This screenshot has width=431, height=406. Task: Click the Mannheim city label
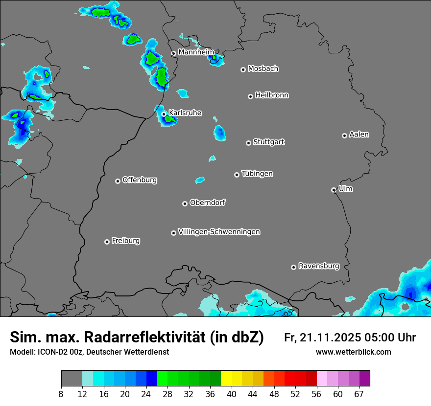[196, 52]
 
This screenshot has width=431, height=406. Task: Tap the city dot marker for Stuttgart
[249, 143]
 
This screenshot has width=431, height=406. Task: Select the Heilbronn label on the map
[272, 95]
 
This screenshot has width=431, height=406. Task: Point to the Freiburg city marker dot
[107, 242]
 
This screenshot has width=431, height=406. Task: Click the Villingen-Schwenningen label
[219, 232]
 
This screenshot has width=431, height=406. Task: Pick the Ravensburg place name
[319, 266]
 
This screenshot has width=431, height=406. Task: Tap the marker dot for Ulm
[334, 190]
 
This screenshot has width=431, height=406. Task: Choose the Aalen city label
[359, 135]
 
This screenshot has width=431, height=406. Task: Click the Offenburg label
[140, 180]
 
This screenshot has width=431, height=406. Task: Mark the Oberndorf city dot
[185, 203]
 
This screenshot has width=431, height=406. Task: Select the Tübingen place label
[257, 174]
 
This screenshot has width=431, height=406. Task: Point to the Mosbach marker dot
[243, 69]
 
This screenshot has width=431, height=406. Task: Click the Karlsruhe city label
[185, 113]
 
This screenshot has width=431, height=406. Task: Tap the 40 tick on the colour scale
[232, 394]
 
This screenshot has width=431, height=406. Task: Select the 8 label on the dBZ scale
[61, 394]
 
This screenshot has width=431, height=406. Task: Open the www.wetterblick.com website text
[354, 352]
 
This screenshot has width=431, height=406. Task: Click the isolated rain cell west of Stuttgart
[219, 133]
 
